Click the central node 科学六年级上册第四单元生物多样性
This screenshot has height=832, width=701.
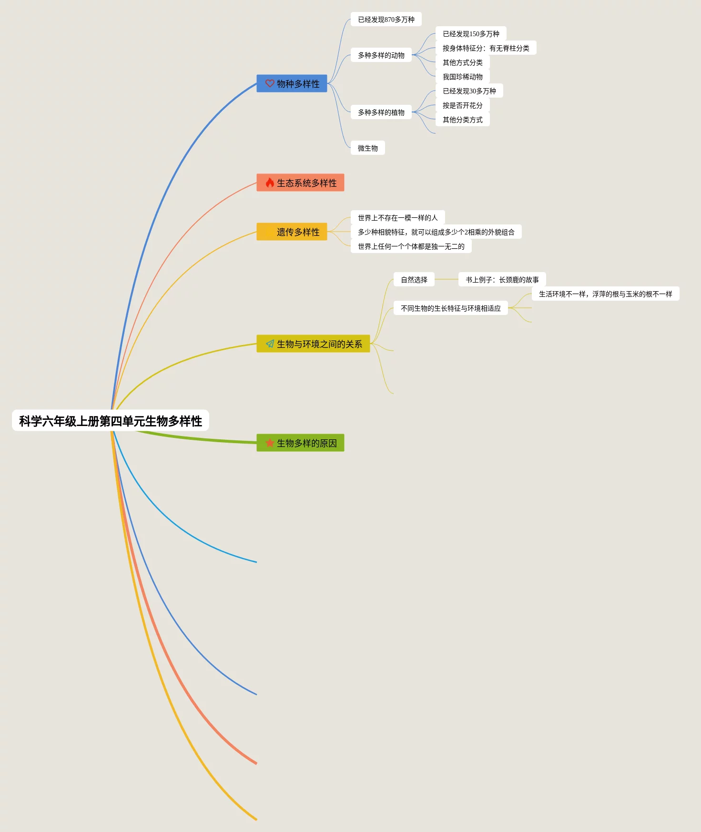[x=110, y=421]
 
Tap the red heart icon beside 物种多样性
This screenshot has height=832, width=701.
[x=270, y=83]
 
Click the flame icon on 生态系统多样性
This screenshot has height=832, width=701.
[x=270, y=183]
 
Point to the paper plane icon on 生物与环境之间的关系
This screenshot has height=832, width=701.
[x=270, y=344]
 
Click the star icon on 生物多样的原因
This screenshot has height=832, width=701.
[x=270, y=443]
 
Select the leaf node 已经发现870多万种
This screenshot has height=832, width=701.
[x=386, y=20]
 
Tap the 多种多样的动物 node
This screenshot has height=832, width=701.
[x=381, y=55]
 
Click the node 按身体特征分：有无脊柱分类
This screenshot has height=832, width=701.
[x=486, y=48]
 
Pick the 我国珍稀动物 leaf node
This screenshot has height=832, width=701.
[x=462, y=77]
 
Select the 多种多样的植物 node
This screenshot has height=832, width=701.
[x=381, y=112]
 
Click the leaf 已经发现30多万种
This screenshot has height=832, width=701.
[x=469, y=91]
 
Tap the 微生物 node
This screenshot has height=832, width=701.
[x=367, y=148]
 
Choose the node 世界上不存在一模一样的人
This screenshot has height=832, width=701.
[x=397, y=218]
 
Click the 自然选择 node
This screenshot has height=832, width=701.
[x=414, y=280]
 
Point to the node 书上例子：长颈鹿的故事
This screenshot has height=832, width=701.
[x=502, y=280]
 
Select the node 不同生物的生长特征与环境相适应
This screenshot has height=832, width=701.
[x=450, y=308]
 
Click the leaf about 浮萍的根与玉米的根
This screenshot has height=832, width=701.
[x=605, y=294]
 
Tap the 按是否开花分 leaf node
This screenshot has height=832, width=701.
[x=462, y=105]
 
